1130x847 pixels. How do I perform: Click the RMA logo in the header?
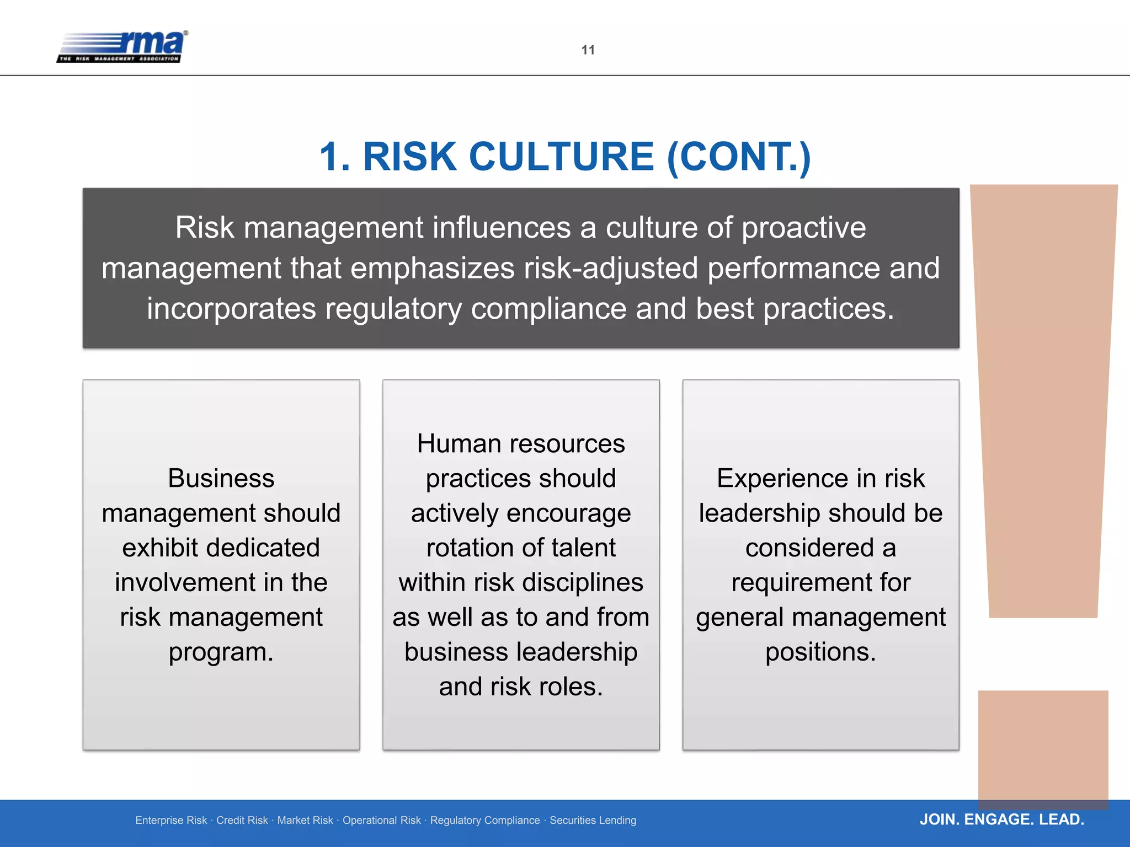122,46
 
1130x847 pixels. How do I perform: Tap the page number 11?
588,50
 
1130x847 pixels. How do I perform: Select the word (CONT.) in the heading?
739,158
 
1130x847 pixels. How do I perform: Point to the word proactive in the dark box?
804,228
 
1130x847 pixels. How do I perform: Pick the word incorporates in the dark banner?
231,309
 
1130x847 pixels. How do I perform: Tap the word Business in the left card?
221,478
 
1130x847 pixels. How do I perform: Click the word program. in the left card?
221,652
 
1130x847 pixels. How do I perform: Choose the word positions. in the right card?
820,652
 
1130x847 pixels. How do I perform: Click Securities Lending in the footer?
593,821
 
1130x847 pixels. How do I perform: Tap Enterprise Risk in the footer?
171,821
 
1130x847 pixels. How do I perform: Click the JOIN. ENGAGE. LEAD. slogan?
1001,819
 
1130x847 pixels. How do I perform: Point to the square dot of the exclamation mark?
1043,747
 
